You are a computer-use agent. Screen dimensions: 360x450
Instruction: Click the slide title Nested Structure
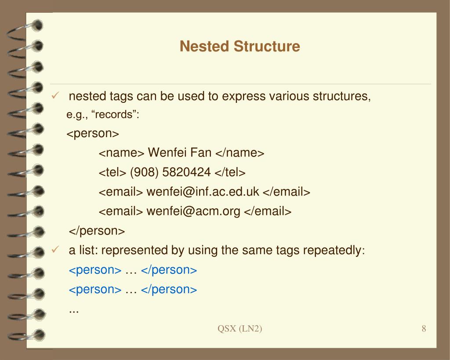tap(240, 46)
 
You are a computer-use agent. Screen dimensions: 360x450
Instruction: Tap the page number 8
tap(424, 329)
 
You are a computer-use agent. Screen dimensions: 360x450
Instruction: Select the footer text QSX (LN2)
tap(240, 329)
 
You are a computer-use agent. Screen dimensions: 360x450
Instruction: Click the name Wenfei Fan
tap(180, 153)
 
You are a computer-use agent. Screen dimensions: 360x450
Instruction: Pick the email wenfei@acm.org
tap(193, 211)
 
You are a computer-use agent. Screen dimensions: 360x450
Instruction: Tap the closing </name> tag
tap(240, 153)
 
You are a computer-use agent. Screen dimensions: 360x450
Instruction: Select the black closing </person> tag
tap(97, 231)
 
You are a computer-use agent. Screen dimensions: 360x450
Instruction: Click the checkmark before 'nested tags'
tap(55, 96)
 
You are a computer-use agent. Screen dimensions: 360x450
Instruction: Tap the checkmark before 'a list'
tap(55, 250)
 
